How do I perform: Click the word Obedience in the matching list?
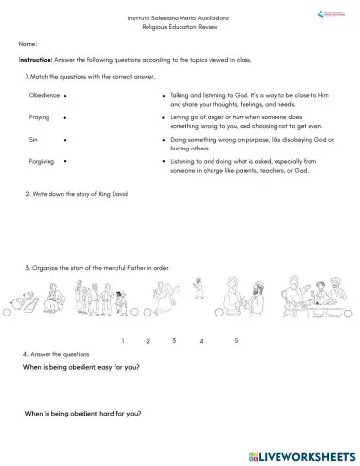(x=44, y=97)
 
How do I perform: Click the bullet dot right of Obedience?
(x=65, y=97)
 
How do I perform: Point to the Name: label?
(x=28, y=44)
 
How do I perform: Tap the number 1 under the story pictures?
(x=123, y=341)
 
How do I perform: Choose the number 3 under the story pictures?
(x=174, y=340)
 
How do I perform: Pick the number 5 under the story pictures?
(x=236, y=340)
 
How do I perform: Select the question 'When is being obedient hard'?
(x=82, y=415)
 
